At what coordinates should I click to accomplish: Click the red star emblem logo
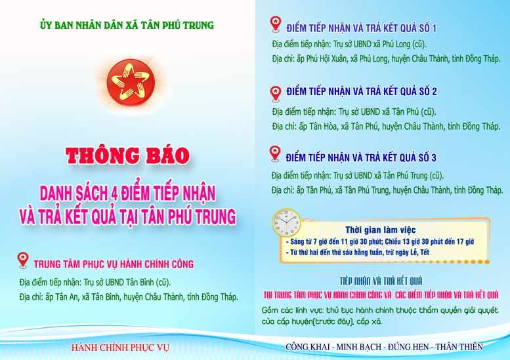coord(131,83)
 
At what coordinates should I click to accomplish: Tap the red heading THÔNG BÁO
coord(127,155)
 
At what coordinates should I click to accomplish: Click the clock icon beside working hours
coord(286,222)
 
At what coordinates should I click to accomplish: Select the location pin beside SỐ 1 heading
coord(276,24)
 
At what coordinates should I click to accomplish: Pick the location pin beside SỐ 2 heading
coord(276,94)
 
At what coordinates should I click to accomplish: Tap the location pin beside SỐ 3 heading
coord(275,153)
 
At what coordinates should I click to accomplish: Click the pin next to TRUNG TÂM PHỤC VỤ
coord(23,260)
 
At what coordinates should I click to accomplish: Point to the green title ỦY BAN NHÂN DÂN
coord(127,25)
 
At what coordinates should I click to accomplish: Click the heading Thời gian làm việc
coord(380,230)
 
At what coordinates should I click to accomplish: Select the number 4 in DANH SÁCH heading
coord(114,193)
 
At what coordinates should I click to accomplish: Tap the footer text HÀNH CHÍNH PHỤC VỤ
coord(120,348)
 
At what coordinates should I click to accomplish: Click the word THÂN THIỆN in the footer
coord(459,347)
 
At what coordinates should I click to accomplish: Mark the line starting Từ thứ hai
coord(358,252)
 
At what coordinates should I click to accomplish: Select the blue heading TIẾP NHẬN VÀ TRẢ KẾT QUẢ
coord(381,281)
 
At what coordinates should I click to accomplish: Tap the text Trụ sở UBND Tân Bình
coord(127,282)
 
